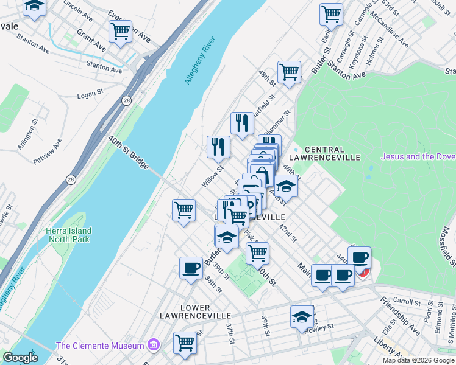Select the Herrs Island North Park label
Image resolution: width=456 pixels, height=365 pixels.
coord(68,235)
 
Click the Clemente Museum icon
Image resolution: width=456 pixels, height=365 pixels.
coord(153,346)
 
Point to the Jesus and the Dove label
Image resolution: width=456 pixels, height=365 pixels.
coord(418,156)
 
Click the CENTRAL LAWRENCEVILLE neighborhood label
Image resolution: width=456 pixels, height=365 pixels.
coord(324,153)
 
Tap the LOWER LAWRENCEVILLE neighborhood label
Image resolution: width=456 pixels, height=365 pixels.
coord(196,311)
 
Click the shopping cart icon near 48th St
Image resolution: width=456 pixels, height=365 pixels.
coord(289,72)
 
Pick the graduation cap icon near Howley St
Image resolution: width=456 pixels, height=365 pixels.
coord(302,316)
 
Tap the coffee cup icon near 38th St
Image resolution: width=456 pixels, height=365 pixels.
coord(191,268)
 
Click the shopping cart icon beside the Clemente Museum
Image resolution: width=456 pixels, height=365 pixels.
coord(185,342)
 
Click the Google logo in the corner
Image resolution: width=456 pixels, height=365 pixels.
coord(20,358)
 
